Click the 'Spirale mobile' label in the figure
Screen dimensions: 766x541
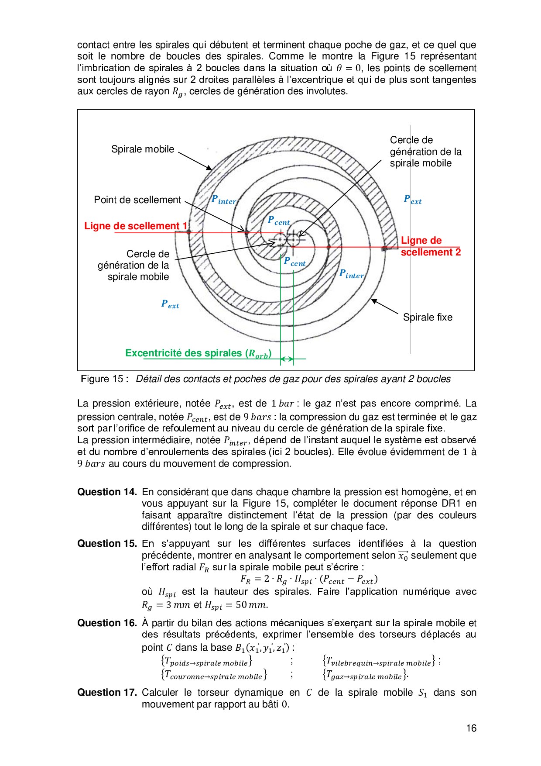(143, 149)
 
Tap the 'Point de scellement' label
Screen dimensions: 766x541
(137, 200)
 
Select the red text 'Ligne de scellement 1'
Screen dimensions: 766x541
(136, 226)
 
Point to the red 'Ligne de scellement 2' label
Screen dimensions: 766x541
(430, 246)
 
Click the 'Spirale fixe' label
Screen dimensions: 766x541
(428, 317)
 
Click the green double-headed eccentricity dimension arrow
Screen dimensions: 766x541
(287, 359)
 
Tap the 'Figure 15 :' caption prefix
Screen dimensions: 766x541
(104, 379)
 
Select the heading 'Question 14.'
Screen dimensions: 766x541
(107, 492)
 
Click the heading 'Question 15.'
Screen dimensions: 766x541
(107, 544)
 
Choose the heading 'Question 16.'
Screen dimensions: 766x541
(107, 623)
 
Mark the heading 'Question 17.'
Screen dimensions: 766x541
(107, 693)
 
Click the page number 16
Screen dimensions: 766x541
(471, 728)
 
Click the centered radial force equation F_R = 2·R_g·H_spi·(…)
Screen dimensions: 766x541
(309, 580)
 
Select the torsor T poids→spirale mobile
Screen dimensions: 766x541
(206, 661)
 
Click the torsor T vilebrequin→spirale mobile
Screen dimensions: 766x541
(379, 661)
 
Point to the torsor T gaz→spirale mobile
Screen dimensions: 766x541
(365, 675)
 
